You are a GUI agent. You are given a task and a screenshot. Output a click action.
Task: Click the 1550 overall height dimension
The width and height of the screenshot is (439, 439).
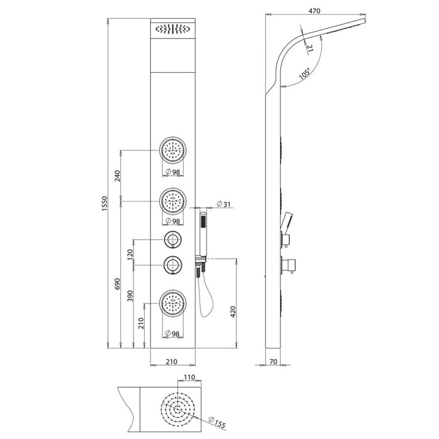coord(105,203)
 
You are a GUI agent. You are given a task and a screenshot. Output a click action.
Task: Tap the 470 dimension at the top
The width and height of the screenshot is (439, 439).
coord(314,11)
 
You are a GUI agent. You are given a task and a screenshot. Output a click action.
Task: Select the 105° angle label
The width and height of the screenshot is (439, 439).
coord(305,73)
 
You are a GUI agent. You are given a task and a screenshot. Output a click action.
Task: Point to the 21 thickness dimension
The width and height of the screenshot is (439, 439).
coord(310,48)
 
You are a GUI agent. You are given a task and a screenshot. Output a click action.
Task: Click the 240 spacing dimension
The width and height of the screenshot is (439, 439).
coord(117,176)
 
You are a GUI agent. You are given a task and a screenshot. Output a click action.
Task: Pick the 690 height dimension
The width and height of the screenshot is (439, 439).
coord(117,284)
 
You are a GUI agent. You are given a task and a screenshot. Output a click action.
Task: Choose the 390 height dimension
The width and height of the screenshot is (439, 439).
coord(130,296)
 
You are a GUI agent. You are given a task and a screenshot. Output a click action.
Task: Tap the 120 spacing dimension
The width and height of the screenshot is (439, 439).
coord(130,255)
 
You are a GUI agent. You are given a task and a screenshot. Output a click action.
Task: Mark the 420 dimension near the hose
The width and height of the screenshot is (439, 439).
coord(233,312)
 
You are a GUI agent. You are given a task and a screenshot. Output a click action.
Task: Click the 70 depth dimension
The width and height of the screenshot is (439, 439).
coord(273,361)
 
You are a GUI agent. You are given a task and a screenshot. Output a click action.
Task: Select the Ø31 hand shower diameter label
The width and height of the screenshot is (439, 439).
coord(224,204)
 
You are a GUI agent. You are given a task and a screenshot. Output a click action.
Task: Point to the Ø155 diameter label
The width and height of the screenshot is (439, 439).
coord(217,422)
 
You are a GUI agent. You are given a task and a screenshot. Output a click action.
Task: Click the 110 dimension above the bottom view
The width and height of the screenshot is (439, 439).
coord(189,377)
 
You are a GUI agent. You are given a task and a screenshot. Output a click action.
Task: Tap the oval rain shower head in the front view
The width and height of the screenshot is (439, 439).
coord(172,29)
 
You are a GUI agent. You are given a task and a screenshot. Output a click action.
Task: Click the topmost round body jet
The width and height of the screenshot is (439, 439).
coord(172,150)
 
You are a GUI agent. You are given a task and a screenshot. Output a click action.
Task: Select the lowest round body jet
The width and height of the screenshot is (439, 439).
coord(172,304)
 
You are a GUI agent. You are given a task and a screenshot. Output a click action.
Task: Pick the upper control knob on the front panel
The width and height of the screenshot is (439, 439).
coord(172,240)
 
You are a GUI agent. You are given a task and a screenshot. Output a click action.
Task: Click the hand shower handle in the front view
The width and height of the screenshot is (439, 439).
coord(203,235)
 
